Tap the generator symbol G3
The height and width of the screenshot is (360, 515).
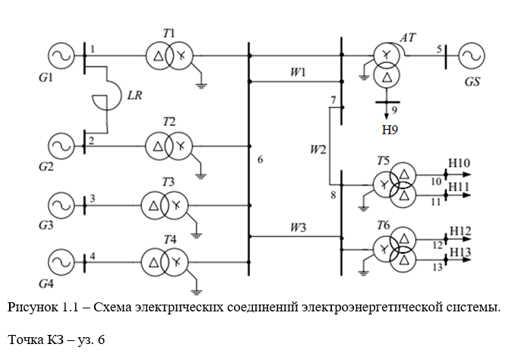click(x=60, y=204)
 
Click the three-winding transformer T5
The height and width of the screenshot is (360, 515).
click(x=396, y=185)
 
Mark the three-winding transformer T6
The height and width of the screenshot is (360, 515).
click(x=396, y=248)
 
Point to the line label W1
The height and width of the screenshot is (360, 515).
click(x=297, y=73)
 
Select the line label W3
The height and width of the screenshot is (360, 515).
click(x=297, y=227)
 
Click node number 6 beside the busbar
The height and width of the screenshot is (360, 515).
click(x=261, y=159)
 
